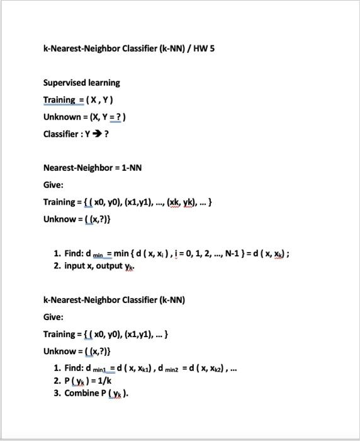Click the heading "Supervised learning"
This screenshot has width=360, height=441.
click(x=81, y=83)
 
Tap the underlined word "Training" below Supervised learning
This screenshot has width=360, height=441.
click(x=59, y=100)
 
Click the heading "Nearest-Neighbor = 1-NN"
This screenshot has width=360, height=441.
click(x=92, y=168)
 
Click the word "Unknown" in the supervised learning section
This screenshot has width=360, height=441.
click(x=62, y=117)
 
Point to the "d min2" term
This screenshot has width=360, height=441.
click(x=169, y=369)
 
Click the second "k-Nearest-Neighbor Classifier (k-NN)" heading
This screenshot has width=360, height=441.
click(x=114, y=300)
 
